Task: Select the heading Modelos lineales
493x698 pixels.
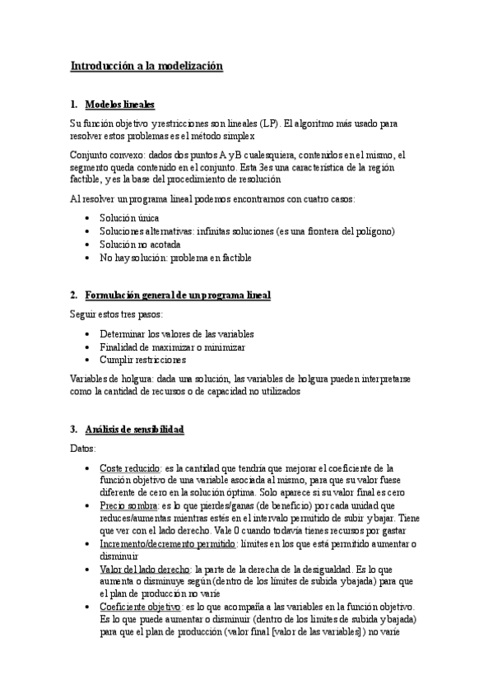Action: coord(120,106)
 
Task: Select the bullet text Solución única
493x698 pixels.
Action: coord(129,218)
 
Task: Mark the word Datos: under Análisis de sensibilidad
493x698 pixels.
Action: coord(83,449)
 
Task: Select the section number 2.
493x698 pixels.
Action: coord(73,295)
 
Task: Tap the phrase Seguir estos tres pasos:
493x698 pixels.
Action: coord(116,314)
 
